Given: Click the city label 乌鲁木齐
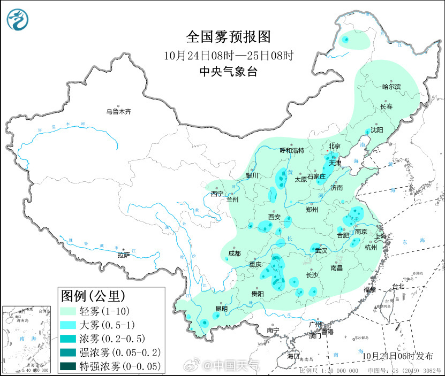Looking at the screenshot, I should [118, 112].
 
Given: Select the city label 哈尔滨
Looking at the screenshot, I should [391, 87].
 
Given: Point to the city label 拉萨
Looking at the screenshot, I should [124, 255].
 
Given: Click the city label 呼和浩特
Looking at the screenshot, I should [292, 150].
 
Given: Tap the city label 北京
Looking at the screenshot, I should [334, 146].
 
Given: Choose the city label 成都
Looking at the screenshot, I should [234, 254].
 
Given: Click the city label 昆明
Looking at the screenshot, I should [221, 309].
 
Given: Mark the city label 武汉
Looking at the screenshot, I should [320, 250].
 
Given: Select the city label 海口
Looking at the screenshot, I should [293, 356].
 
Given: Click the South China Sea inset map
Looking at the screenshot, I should [29, 339].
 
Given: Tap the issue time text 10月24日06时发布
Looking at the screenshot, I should [397, 356].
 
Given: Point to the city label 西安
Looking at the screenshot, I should [274, 217].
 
